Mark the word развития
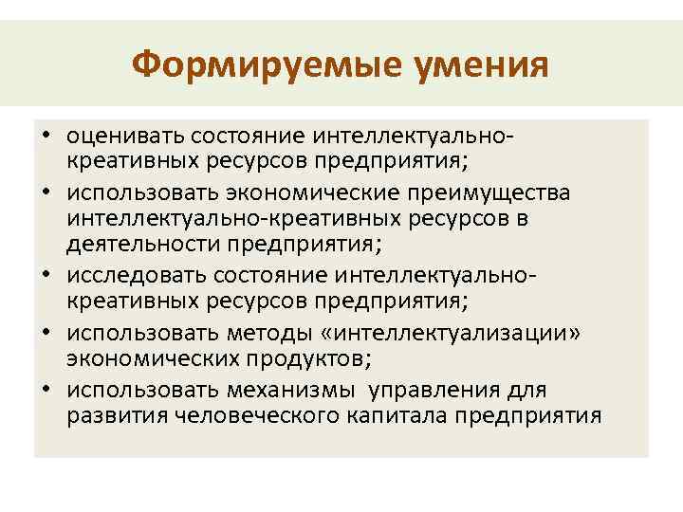click(x=108, y=414)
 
